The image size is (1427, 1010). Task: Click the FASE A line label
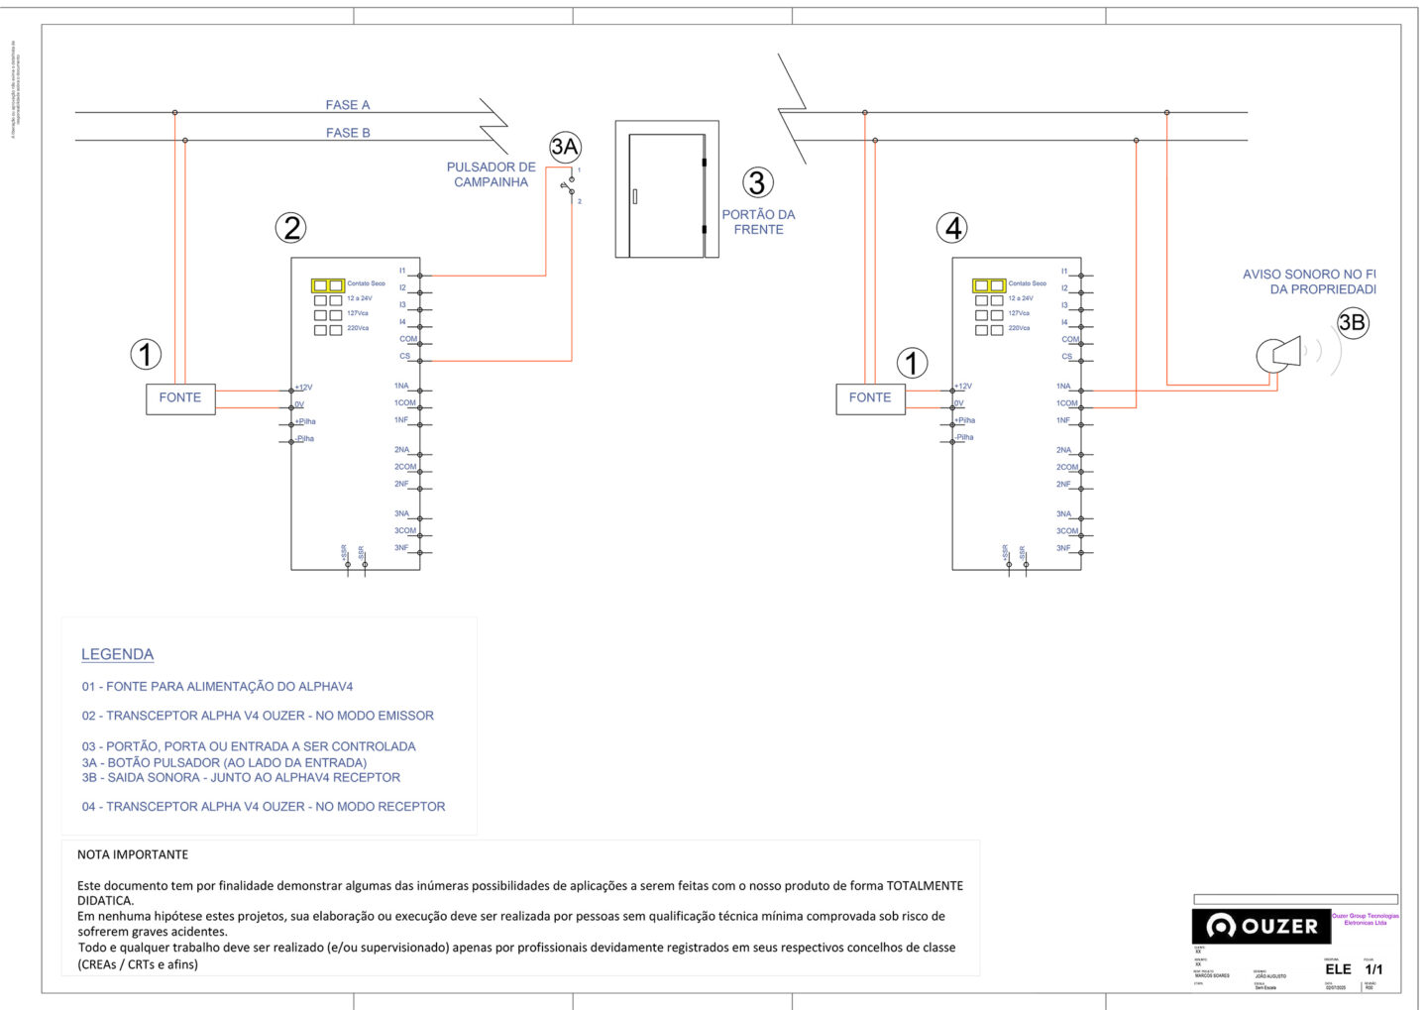[347, 105]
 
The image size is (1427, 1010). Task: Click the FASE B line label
[348, 133]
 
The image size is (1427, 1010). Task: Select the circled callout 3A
[565, 148]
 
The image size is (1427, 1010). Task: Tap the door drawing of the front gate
[666, 194]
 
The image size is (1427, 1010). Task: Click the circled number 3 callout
[758, 182]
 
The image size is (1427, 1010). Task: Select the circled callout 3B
[1352, 322]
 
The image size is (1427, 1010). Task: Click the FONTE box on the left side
[180, 398]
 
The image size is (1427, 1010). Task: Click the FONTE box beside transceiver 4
[870, 398]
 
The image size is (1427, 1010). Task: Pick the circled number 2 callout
[290, 228]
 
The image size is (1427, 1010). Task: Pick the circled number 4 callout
[952, 228]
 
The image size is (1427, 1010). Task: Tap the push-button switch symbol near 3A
[571, 186]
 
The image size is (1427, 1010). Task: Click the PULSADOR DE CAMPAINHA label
[491, 174]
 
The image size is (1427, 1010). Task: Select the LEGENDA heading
[117, 654]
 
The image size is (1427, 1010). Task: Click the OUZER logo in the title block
[1261, 926]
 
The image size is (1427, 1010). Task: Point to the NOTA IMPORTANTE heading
[133, 854]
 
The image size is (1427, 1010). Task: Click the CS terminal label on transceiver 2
[404, 356]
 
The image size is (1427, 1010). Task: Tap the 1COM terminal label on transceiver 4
[1066, 403]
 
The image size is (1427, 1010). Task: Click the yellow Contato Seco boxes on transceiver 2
[328, 285]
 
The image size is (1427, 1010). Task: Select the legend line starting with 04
[264, 807]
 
